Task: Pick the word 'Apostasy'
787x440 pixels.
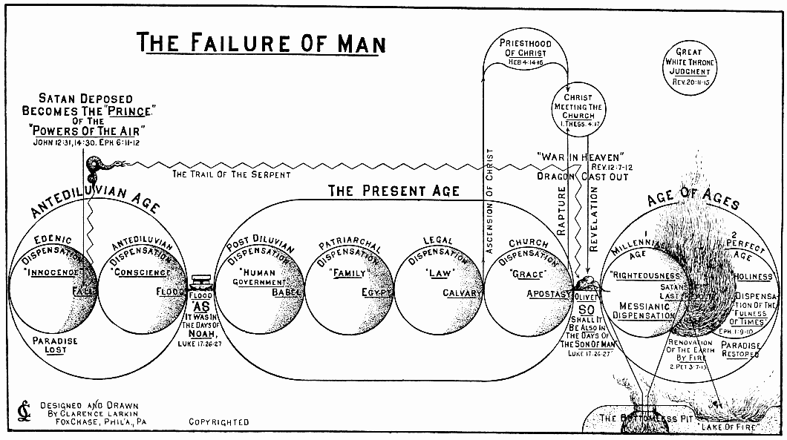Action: [546, 293]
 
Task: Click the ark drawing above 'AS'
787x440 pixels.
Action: [200, 284]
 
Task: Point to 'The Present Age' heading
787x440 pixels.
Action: [393, 191]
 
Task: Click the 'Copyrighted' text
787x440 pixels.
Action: [219, 422]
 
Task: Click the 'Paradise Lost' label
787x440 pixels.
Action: [54, 345]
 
